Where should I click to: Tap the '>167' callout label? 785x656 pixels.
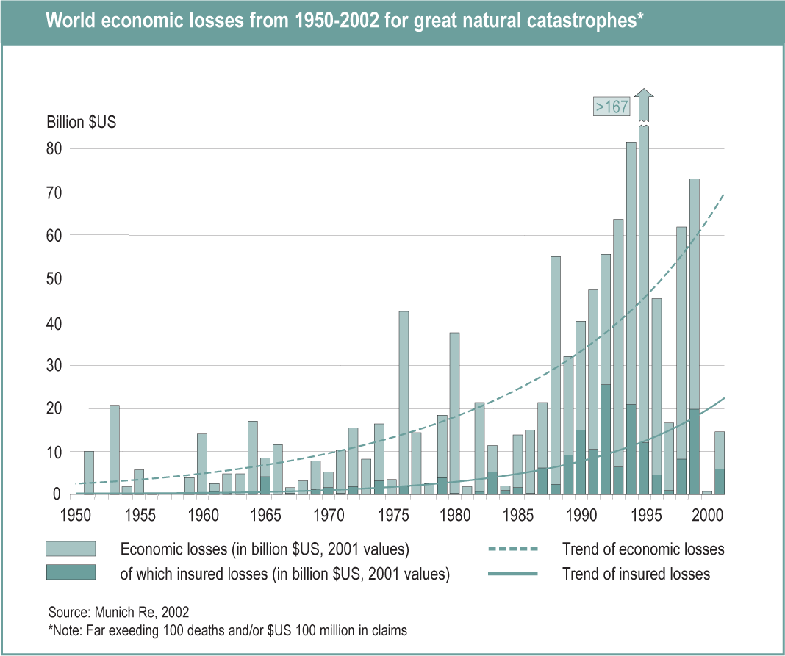612,107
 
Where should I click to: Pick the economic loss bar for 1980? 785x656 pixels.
454,411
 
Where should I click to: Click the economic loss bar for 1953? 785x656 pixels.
115,448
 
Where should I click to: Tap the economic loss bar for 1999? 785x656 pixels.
694,294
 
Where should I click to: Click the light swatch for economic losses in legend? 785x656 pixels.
71,549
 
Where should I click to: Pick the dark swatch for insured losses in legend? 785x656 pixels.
71,573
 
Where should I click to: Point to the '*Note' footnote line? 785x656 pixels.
226,629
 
